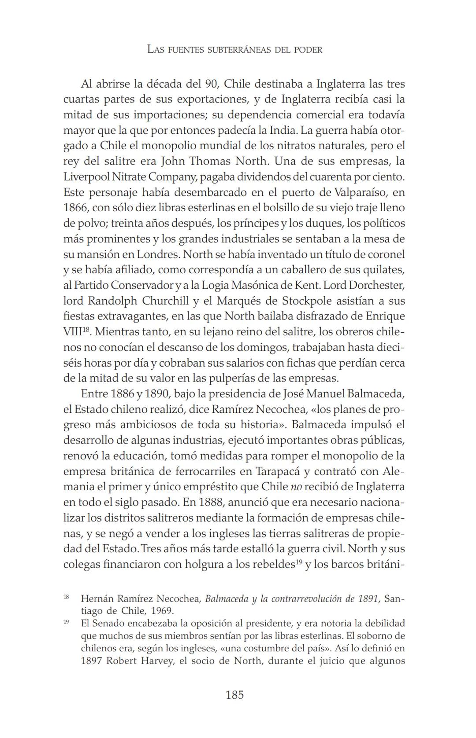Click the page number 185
coord(234,695)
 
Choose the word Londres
coord(159,254)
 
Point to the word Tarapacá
coord(276,471)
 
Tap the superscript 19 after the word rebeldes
coord(298,562)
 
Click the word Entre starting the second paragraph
coord(94,394)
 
